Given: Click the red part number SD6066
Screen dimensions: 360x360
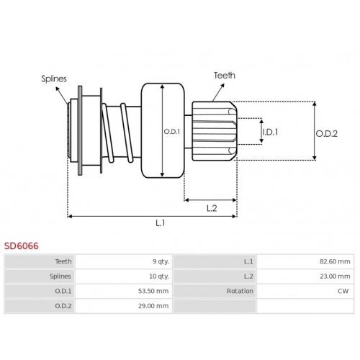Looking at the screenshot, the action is click(21, 246).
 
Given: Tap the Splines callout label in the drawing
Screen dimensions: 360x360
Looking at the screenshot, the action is click(54, 79).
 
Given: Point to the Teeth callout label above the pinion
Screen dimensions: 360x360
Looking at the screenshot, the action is click(225, 76).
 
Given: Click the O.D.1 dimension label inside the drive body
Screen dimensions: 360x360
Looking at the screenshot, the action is click(171, 132).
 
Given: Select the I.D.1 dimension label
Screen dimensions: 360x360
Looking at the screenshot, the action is click(270, 132).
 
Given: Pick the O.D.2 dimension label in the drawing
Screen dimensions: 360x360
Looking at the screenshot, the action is click(326, 134).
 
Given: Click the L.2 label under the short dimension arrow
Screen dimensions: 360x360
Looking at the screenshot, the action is click(212, 208).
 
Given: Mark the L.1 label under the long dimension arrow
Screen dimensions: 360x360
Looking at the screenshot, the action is click(160, 223).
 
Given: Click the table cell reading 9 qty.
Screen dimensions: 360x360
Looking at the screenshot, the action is click(161, 261).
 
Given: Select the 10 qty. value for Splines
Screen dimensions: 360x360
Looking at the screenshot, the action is click(159, 276).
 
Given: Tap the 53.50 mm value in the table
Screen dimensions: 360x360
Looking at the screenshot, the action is click(153, 291).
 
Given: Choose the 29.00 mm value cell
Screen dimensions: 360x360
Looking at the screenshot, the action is click(153, 306).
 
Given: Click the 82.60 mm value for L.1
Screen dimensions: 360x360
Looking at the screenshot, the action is click(335, 261).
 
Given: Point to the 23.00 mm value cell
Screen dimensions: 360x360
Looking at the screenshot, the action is click(335, 276).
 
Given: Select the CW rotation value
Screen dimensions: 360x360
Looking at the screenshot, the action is click(343, 291).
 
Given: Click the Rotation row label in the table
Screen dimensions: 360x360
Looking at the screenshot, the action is click(240, 291).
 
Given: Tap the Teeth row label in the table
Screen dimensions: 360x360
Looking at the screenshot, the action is click(63, 261).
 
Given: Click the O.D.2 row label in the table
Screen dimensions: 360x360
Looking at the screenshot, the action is click(63, 306).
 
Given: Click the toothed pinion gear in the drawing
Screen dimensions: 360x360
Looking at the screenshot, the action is click(215, 131).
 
